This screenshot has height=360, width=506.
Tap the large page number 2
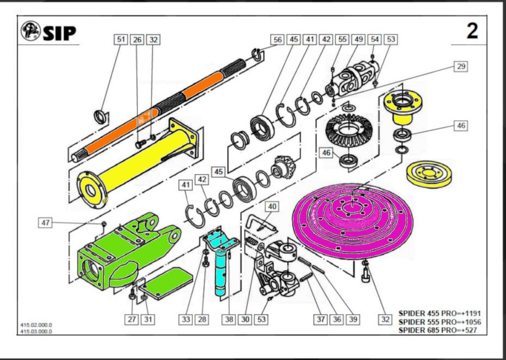click(x=472, y=31)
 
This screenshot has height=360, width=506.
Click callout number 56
click(x=278, y=40)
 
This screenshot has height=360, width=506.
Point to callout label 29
click(x=461, y=66)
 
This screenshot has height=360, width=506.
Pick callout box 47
click(x=45, y=223)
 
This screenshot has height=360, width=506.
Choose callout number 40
click(x=272, y=206)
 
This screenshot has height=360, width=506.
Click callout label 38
click(x=228, y=320)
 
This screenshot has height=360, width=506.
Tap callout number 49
click(x=358, y=40)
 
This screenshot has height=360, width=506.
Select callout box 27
click(x=132, y=320)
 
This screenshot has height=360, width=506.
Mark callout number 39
click(x=352, y=320)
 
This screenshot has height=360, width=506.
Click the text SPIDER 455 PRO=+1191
click(x=439, y=314)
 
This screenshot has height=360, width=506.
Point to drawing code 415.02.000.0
click(x=36, y=325)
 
